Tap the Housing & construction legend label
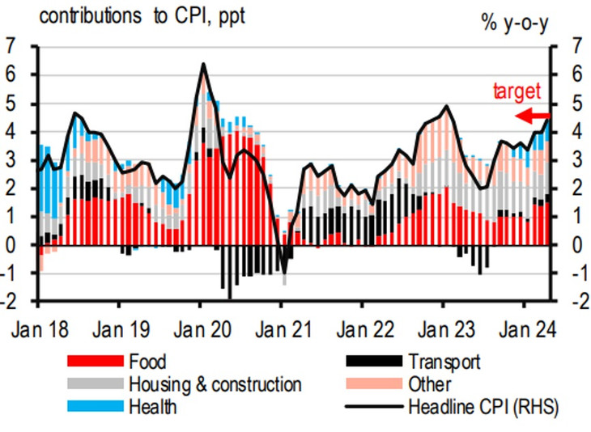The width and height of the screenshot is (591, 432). tap(215, 383)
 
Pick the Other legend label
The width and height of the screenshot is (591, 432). tap(430, 383)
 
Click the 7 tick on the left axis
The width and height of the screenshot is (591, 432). tap(11, 46)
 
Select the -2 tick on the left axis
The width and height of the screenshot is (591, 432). tap(10, 301)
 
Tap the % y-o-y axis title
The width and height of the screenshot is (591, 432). tap(517, 22)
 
